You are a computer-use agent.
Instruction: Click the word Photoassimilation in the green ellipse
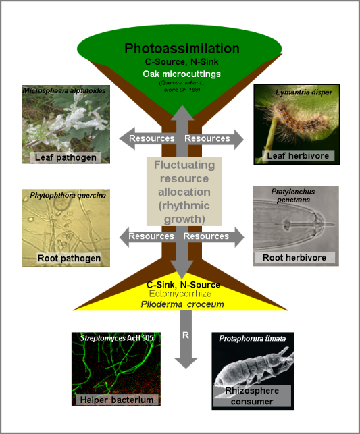[182, 49]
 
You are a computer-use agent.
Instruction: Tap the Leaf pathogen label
[66, 157]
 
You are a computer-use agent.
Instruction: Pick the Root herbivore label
[294, 258]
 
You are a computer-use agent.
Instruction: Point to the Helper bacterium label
[116, 399]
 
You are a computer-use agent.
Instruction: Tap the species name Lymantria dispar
[297, 90]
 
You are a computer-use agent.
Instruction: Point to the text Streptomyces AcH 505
[116, 337]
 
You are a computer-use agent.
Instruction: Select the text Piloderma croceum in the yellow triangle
[182, 305]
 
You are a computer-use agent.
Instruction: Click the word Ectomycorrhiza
[182, 295]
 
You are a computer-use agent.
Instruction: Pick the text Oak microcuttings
[182, 74]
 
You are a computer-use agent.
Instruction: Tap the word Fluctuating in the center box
[182, 165]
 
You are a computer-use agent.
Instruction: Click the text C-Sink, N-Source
[183, 285]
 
